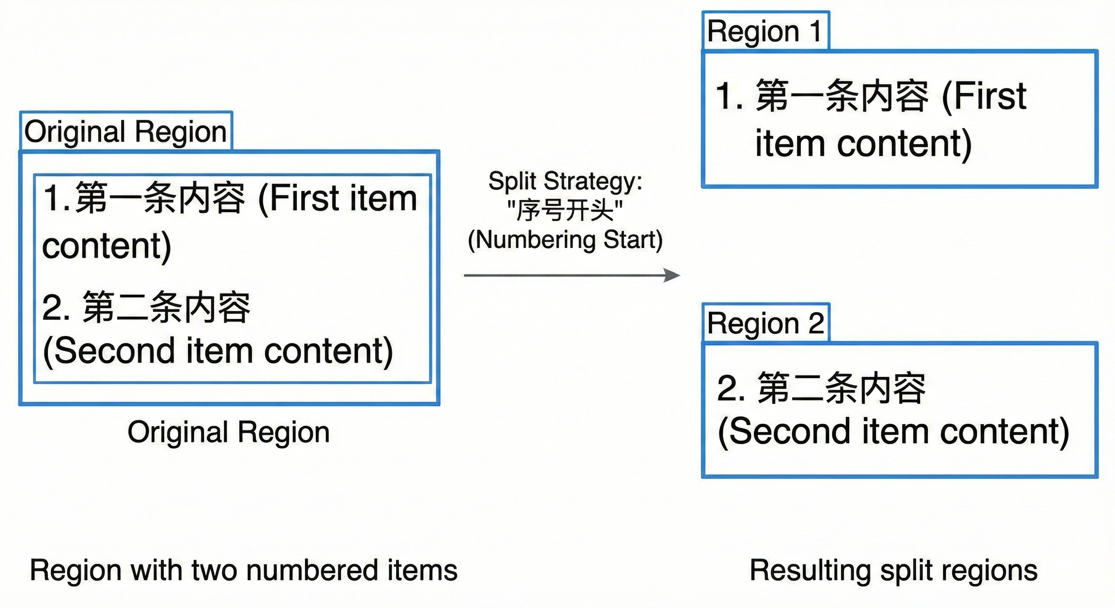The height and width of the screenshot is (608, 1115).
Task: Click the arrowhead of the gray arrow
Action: [672, 275]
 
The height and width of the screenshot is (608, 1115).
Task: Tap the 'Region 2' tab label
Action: [765, 323]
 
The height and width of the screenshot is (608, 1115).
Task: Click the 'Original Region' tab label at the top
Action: [126, 131]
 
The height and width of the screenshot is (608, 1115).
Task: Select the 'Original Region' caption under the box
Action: [228, 432]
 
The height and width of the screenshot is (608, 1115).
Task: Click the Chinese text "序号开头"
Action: [565, 211]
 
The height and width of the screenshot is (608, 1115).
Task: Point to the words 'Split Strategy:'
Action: [565, 181]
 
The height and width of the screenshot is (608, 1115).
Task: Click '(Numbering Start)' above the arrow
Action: [565, 240]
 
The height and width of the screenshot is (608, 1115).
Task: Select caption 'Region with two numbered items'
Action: [243, 570]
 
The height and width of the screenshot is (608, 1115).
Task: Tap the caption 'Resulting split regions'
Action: [893, 570]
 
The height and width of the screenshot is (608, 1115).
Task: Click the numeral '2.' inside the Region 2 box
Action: [731, 388]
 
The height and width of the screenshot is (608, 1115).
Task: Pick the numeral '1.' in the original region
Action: [57, 198]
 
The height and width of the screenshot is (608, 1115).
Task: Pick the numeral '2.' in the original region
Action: [56, 308]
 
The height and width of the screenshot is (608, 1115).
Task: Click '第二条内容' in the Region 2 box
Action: [841, 388]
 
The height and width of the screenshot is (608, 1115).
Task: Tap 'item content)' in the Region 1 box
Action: [863, 144]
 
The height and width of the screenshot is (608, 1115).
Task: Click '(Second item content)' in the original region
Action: [218, 351]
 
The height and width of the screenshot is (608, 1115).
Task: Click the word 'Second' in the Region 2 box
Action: [784, 431]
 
